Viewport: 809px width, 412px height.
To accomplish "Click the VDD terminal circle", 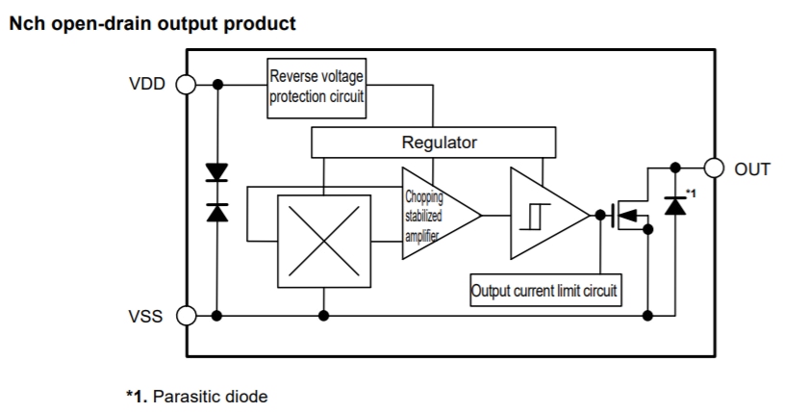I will tap(187, 85).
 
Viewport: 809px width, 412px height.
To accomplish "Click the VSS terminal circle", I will tap(187, 315).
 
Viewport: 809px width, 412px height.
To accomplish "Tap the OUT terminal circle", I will tap(713, 167).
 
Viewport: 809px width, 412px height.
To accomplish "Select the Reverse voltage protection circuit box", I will tap(317, 88).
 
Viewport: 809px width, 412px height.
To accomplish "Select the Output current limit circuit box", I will tap(545, 290).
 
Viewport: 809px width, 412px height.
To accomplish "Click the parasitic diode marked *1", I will tap(675, 204).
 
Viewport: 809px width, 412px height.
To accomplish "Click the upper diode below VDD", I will tap(217, 174).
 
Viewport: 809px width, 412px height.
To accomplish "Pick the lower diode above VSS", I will tap(217, 213).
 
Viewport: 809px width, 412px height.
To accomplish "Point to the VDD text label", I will tap(146, 85).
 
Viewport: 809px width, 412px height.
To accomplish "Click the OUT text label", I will tap(753, 169).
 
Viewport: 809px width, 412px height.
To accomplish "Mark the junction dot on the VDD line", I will tap(217, 85).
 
